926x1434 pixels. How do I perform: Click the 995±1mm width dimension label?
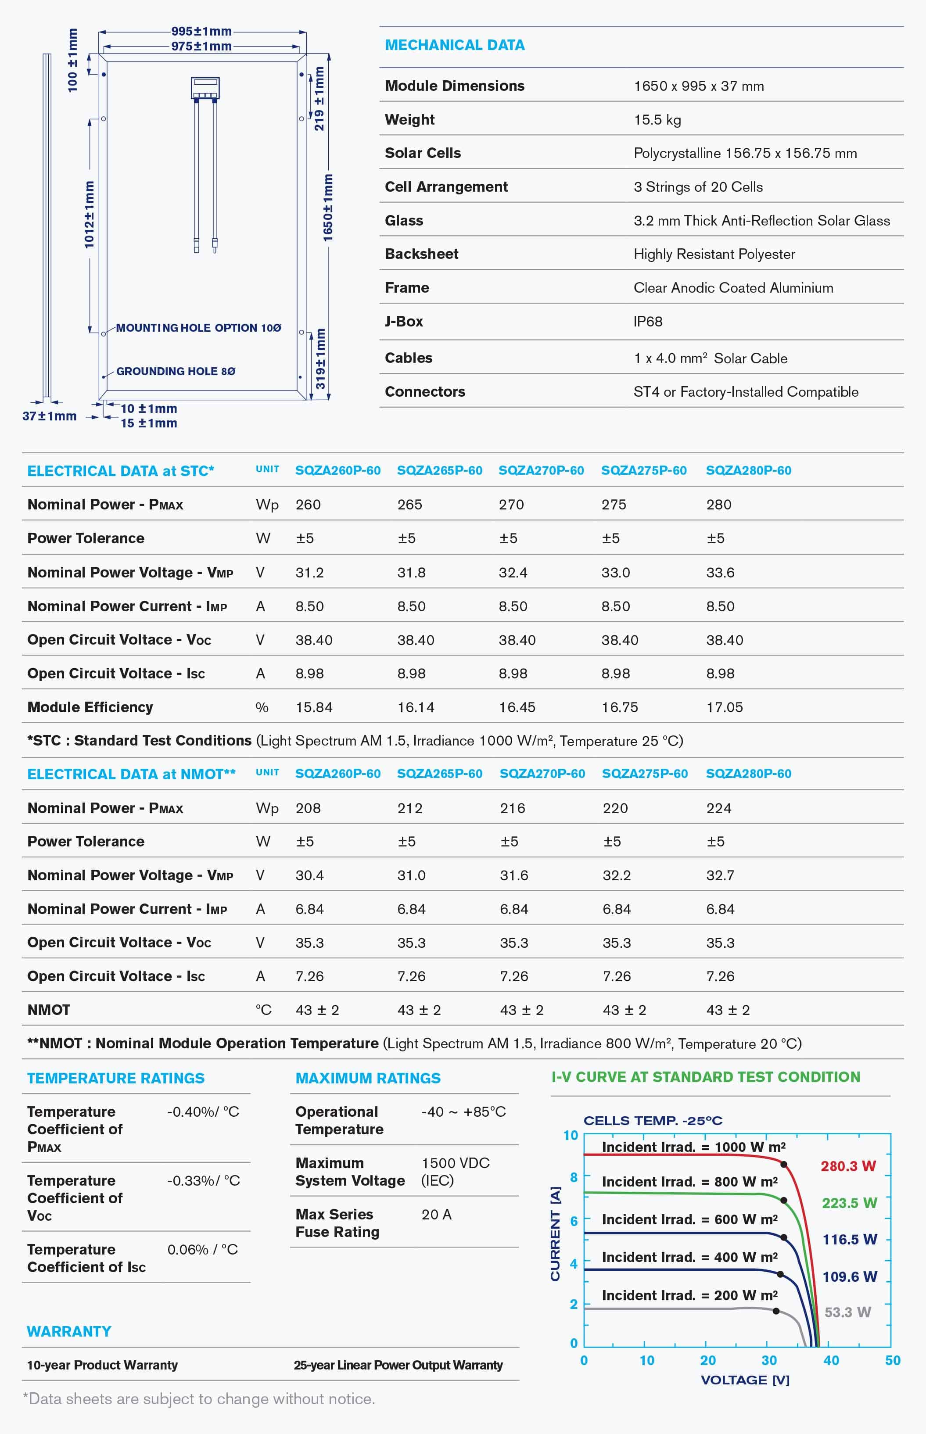[x=201, y=31]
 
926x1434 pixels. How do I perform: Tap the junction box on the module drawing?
[x=205, y=88]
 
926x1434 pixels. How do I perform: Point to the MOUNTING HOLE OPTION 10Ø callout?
[x=198, y=328]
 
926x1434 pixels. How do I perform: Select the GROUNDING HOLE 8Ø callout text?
[x=176, y=371]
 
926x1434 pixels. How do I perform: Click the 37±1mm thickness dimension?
[x=49, y=416]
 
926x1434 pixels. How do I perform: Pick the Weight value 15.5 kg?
[x=657, y=120]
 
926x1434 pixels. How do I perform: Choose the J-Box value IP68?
[x=648, y=321]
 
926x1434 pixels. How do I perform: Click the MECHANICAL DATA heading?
[x=455, y=45]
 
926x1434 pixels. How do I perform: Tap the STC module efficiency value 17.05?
[x=725, y=707]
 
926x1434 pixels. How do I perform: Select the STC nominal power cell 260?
[x=308, y=505]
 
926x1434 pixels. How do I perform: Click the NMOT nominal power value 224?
[x=718, y=808]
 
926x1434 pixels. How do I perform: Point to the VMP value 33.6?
[x=720, y=572]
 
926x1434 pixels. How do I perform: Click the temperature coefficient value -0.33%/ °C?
[x=203, y=1180]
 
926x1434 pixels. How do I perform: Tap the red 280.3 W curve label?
[x=848, y=1166]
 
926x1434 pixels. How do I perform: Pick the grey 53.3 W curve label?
[x=847, y=1312]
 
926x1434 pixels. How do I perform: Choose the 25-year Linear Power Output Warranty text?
[x=398, y=1365]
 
